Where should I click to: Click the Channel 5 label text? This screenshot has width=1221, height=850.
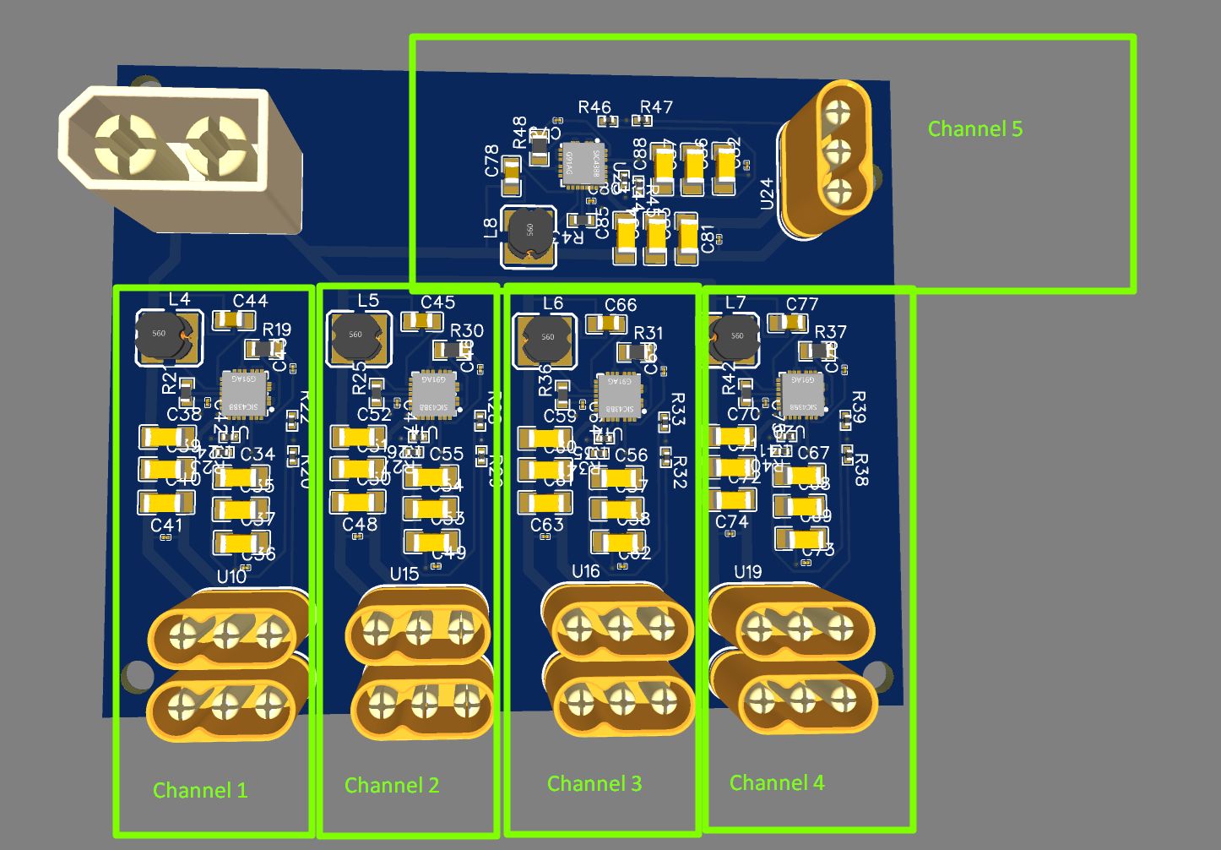974,129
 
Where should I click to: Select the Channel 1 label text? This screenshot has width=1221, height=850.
200,790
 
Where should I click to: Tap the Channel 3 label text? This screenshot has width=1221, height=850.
594,784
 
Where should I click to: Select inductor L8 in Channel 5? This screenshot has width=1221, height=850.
530,234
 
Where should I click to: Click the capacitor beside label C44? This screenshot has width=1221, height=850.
234,320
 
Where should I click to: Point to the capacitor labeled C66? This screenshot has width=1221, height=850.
606,324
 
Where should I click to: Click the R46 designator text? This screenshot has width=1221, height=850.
594,107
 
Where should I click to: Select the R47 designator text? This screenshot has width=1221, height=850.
656,107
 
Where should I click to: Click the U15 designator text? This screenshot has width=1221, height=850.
404,575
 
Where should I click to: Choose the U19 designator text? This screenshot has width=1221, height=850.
747,572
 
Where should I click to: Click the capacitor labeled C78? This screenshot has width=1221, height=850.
512,171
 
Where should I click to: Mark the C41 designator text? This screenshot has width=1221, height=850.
166,526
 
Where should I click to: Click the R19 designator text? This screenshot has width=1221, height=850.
277,330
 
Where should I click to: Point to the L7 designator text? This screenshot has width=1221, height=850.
735,302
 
